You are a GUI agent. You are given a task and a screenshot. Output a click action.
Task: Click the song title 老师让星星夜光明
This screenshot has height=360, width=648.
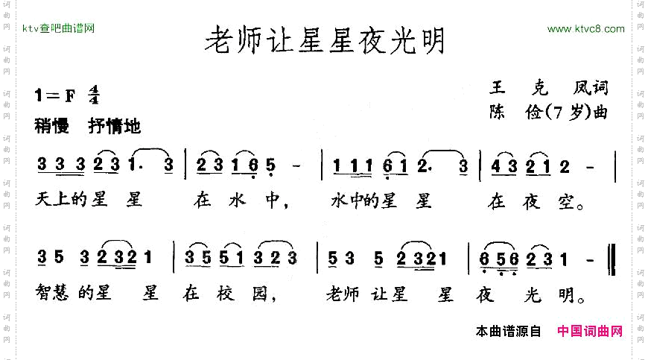pyautogui.click(x=325, y=42)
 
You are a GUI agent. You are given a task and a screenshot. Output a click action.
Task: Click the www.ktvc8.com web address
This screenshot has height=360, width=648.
pyautogui.click(x=585, y=29)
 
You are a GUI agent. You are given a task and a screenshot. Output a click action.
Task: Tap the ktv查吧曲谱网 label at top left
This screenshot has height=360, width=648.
pyautogui.click(x=59, y=29)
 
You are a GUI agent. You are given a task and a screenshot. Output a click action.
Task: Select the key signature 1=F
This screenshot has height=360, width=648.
pyautogui.click(x=56, y=95)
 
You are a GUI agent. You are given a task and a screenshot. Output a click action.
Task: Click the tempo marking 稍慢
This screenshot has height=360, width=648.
pyautogui.click(x=51, y=126)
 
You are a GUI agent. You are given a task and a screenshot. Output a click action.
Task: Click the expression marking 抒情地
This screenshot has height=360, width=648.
pyautogui.click(x=114, y=126)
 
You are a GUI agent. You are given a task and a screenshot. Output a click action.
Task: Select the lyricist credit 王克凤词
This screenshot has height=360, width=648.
pyautogui.click(x=548, y=89)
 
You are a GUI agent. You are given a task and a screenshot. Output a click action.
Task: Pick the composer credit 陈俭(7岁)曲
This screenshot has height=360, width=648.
pyautogui.click(x=548, y=113)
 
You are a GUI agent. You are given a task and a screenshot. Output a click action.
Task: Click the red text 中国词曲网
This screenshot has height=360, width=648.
pyautogui.click(x=590, y=332)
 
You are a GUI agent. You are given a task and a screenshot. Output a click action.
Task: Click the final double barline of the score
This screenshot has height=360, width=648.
pyautogui.click(x=611, y=257)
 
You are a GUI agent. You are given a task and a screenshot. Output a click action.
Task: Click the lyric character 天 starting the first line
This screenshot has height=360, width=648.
pyautogui.click(x=43, y=201)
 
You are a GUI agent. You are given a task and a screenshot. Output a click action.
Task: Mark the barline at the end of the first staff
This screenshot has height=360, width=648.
pyautogui.click(x=615, y=165)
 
